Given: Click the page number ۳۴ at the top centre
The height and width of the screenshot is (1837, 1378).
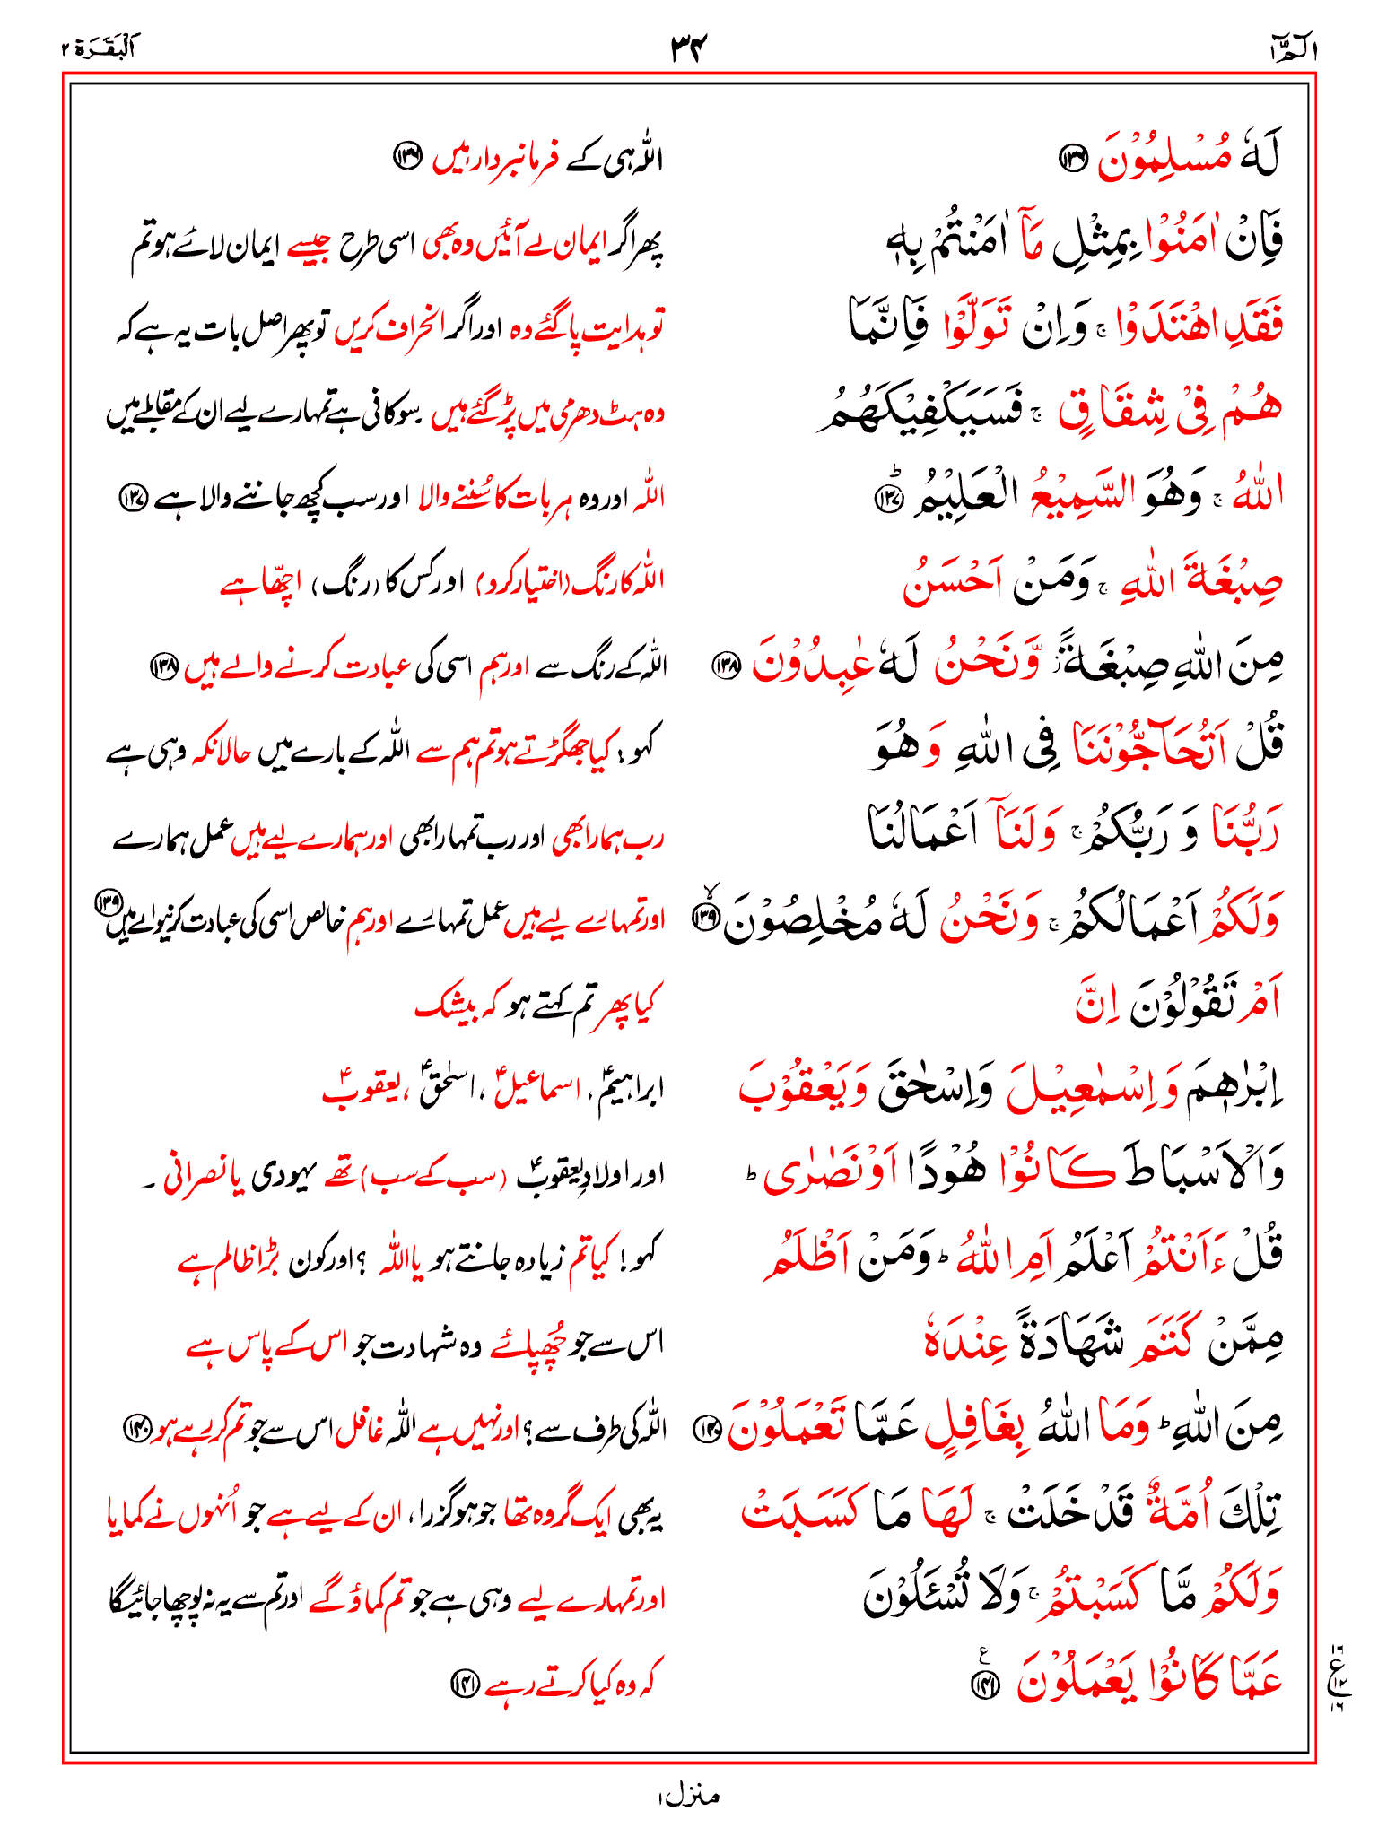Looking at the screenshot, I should pyautogui.click(x=689, y=47).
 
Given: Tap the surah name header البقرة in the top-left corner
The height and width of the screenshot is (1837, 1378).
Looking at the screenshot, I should pyautogui.click(x=97, y=48).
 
